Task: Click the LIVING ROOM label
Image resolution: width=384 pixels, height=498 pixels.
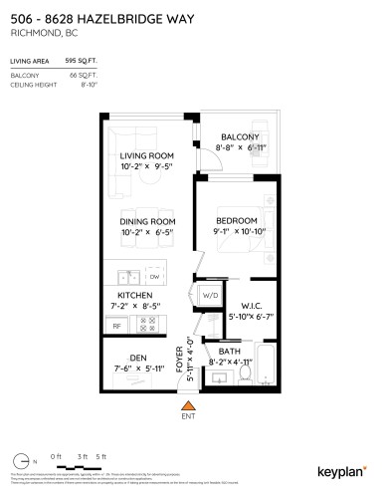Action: click(147, 156)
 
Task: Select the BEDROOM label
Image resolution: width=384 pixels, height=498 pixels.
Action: click(238, 220)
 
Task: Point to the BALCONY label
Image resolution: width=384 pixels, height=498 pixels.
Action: click(239, 136)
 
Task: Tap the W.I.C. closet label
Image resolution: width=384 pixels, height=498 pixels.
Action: click(238, 306)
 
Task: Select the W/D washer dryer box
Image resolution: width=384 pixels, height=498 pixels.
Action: click(210, 296)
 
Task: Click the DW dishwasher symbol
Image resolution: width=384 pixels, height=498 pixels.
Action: click(154, 278)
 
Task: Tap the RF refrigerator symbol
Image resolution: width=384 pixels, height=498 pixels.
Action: click(115, 326)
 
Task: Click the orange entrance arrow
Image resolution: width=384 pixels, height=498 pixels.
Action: click(187, 405)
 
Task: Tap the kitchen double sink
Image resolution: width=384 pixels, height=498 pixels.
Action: click(125, 278)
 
